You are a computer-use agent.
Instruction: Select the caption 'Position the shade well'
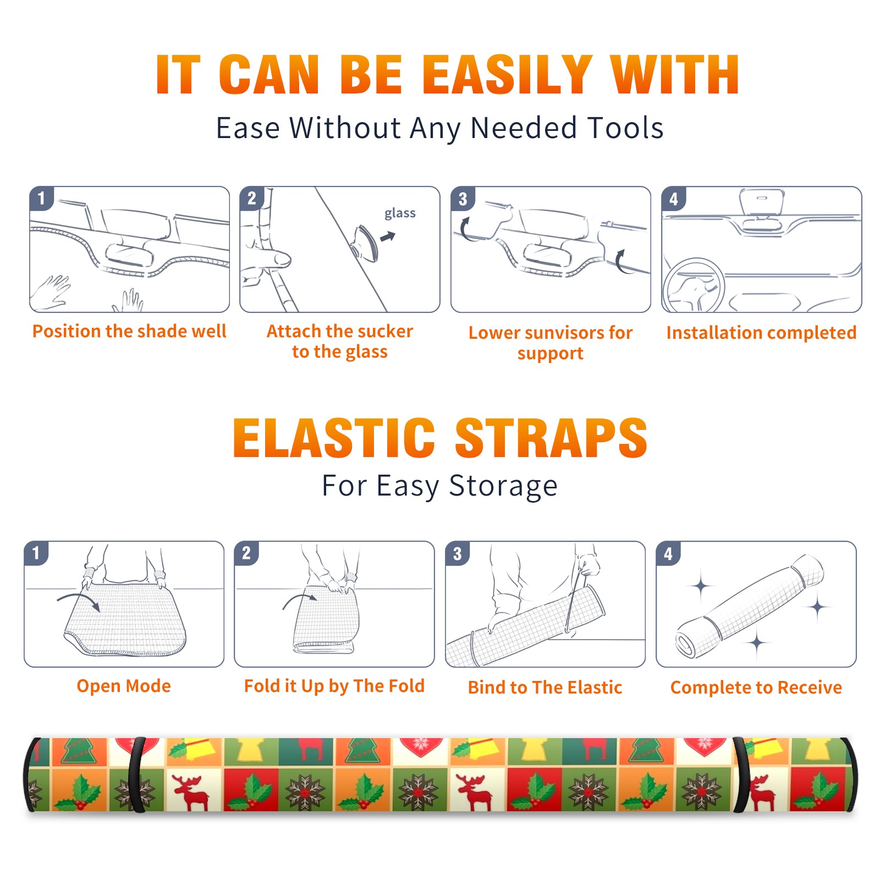coord(129,331)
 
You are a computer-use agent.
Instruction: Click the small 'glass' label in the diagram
coord(400,213)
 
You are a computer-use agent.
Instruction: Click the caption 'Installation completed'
coord(761,333)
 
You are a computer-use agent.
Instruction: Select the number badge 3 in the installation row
coord(463,199)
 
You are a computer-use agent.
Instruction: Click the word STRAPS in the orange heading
coord(551,438)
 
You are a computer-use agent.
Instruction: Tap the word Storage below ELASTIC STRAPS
coord(503,486)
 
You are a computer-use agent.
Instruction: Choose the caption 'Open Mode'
coord(124,686)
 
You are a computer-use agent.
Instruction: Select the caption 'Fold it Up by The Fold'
coord(334,686)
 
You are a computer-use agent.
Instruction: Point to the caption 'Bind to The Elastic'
coord(545,687)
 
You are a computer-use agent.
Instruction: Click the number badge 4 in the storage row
coord(668,553)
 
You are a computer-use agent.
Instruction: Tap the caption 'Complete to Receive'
coord(756,687)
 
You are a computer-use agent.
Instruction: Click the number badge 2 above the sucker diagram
coord(252,199)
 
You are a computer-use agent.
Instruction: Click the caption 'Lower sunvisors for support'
coord(551,343)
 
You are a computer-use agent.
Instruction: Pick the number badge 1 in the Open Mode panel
coord(36,553)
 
